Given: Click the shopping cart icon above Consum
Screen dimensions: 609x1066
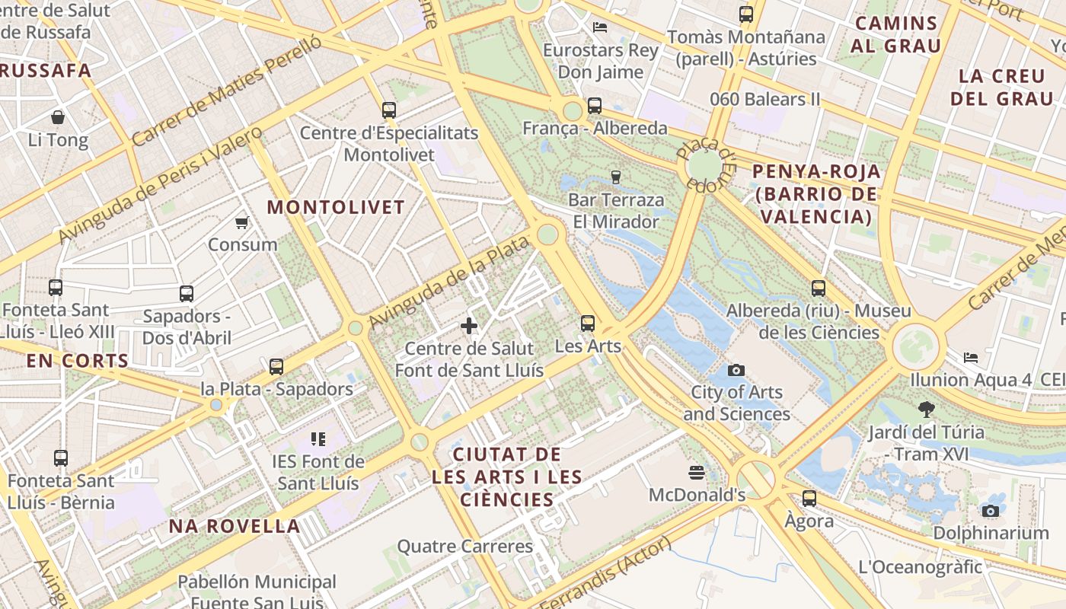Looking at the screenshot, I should pos(241,222).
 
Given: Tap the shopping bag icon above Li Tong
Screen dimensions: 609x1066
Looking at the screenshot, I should pos(58,117).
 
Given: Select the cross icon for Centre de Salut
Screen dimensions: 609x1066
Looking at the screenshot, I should pos(469,326).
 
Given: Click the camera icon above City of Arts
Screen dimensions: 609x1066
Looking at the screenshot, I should pos(736,370).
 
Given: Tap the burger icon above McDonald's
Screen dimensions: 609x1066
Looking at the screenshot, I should pos(696,473).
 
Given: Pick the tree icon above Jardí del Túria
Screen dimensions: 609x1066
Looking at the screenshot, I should pos(926,410).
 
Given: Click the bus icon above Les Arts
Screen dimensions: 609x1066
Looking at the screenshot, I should pos(588,324).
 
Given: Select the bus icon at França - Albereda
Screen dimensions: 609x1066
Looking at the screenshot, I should pos(595,106).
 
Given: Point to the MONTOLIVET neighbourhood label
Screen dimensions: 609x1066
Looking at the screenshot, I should pos(336,207).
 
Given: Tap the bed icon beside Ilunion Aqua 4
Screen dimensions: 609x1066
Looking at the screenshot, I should pos(971,357).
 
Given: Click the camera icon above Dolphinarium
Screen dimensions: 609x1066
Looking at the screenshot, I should pos(991,511).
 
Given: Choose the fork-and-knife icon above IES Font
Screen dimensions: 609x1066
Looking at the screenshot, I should pos(318,439).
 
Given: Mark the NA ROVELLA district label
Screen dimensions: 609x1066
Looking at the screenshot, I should pos(234,526).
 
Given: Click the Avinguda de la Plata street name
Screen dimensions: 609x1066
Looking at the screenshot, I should pos(448,284).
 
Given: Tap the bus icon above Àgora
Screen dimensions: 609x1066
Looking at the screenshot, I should pos(809,499).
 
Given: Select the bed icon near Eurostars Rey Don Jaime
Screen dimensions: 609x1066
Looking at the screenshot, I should pos(600,27).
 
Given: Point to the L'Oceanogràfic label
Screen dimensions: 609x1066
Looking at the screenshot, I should pos(920,567).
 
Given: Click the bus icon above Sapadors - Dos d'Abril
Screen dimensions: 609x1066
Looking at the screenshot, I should pos(187,294).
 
